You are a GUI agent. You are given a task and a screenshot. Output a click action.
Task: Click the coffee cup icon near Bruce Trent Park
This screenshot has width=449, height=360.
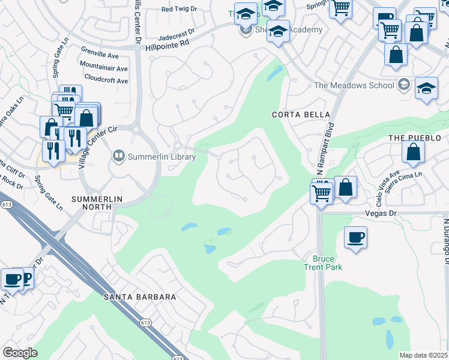point(355,238)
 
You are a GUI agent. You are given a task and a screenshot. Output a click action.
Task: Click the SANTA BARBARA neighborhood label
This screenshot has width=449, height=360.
point(140,297)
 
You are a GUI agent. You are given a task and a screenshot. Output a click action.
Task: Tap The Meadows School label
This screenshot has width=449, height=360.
point(354,85)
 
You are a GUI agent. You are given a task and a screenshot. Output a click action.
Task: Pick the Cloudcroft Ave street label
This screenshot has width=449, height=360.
point(106,80)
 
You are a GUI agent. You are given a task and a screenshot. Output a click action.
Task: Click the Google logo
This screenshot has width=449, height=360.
point(20,353)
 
